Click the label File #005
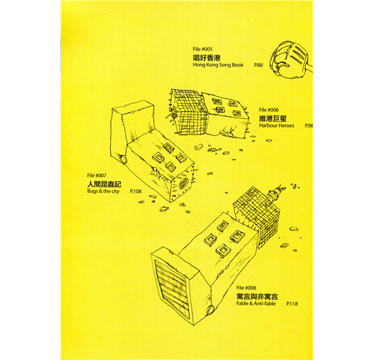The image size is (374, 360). (203, 49)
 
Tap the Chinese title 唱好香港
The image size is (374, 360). (206, 58)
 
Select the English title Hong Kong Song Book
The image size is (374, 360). (218, 65)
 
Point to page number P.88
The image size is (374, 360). (258, 65)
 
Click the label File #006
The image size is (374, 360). (269, 110)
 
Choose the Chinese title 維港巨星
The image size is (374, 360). (273, 118)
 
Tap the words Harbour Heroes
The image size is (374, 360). (276, 125)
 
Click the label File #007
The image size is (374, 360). (97, 176)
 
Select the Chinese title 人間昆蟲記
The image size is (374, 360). (104, 184)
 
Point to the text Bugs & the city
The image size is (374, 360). (104, 192)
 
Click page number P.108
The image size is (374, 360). (136, 192)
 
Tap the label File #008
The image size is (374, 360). (246, 288)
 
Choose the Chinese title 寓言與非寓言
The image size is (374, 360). (257, 297)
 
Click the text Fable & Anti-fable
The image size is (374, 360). (256, 304)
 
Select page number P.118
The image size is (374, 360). (292, 304)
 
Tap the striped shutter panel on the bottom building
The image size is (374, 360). (172, 287)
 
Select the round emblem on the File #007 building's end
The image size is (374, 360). (183, 184)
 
